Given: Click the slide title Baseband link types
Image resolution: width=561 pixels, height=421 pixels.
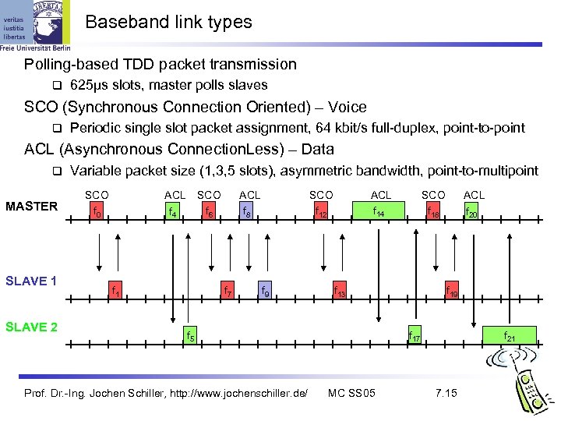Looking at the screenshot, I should pyautogui.click(x=168, y=22).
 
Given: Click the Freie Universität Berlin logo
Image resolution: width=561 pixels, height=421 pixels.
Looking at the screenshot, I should pyautogui.click(x=35, y=25).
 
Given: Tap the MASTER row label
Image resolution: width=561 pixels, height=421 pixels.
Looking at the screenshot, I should pyautogui.click(x=31, y=206).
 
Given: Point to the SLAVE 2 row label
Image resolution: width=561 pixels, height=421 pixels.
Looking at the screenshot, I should pyautogui.click(x=32, y=327).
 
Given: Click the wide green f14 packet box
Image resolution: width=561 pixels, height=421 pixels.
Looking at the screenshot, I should pyautogui.click(x=380, y=210).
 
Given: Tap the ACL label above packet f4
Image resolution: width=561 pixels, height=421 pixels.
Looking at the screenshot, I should pyautogui.click(x=175, y=194).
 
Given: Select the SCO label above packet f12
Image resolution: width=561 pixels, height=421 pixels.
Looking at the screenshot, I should pyautogui.click(x=321, y=194).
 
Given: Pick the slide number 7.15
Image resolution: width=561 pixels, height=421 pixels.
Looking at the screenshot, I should pyautogui.click(x=446, y=392).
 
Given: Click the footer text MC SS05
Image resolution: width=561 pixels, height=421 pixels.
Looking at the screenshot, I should pyautogui.click(x=351, y=392).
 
